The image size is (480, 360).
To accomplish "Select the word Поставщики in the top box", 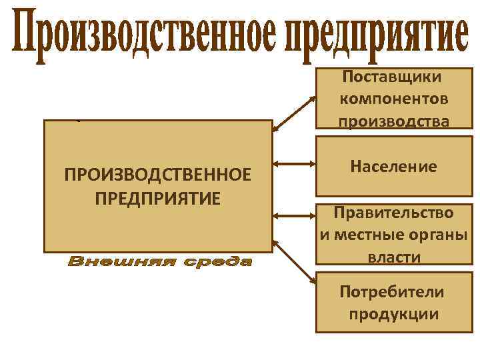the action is point(392,76).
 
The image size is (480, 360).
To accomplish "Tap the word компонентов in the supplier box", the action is point(393,99).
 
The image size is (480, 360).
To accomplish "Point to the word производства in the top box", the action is point(393,121).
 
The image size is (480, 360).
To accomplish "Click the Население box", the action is point(393,167).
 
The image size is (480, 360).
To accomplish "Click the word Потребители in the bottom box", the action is point(392,292).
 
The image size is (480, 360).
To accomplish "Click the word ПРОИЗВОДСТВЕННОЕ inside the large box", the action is point(158,175).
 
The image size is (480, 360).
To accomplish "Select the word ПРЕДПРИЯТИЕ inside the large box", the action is point(158,198).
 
